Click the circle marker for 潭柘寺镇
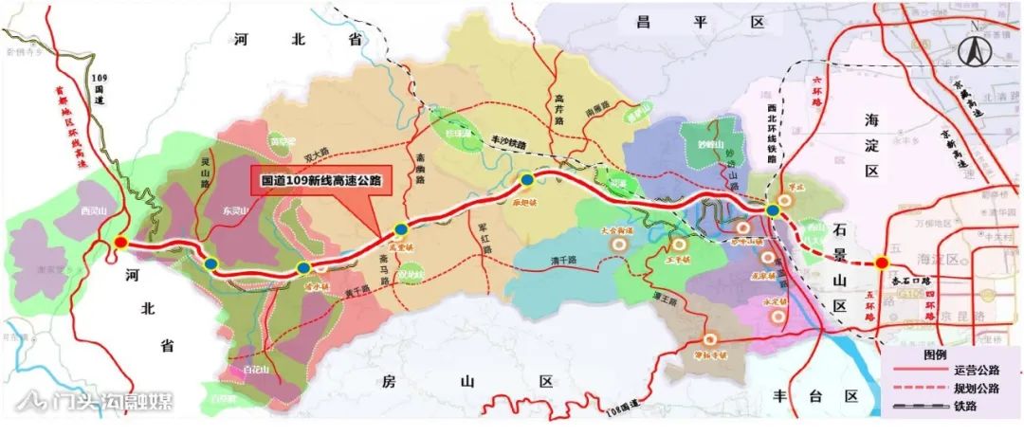click(707, 338)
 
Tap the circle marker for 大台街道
click(620, 243)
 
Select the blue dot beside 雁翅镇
click(526, 178)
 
